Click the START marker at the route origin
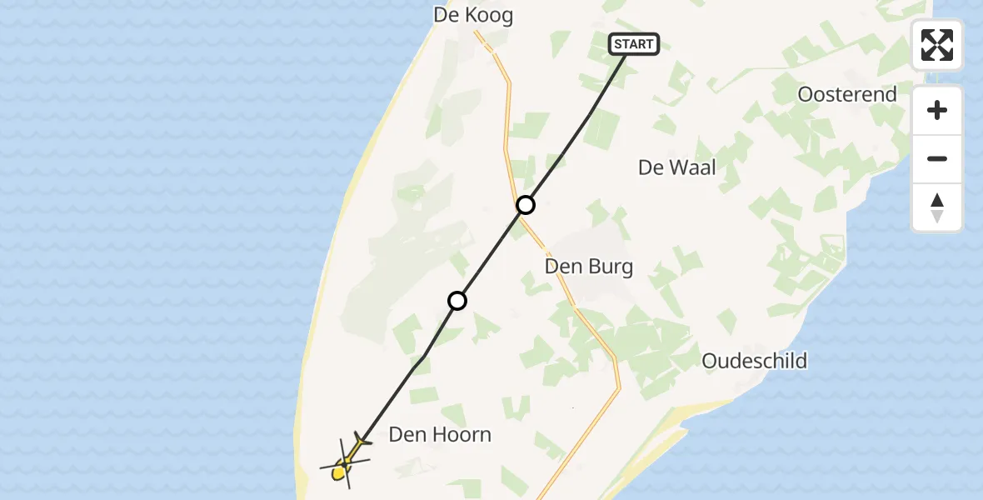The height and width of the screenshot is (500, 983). pyautogui.click(x=635, y=44)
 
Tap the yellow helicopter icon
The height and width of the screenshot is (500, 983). pyautogui.click(x=345, y=463)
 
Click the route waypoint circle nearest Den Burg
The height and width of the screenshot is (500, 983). pyautogui.click(x=525, y=204)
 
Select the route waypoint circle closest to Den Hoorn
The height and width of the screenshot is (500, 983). pyautogui.click(x=457, y=301)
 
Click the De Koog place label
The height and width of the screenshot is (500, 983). pyautogui.click(x=473, y=15)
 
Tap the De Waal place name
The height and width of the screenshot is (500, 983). pyautogui.click(x=676, y=167)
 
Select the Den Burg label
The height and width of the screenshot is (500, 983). pyautogui.click(x=588, y=267)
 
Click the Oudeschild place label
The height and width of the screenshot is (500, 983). pyautogui.click(x=754, y=361)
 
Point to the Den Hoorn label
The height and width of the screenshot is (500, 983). pyautogui.click(x=440, y=434)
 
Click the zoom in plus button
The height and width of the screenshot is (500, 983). pyautogui.click(x=937, y=110)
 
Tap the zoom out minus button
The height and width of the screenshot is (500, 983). pyautogui.click(x=937, y=159)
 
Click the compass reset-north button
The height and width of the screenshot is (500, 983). pyautogui.click(x=937, y=207)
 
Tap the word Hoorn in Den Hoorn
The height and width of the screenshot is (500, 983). pyautogui.click(x=462, y=434)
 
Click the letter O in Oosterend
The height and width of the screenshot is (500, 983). pyautogui.click(x=806, y=94)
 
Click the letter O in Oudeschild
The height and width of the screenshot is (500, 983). pyautogui.click(x=711, y=361)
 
